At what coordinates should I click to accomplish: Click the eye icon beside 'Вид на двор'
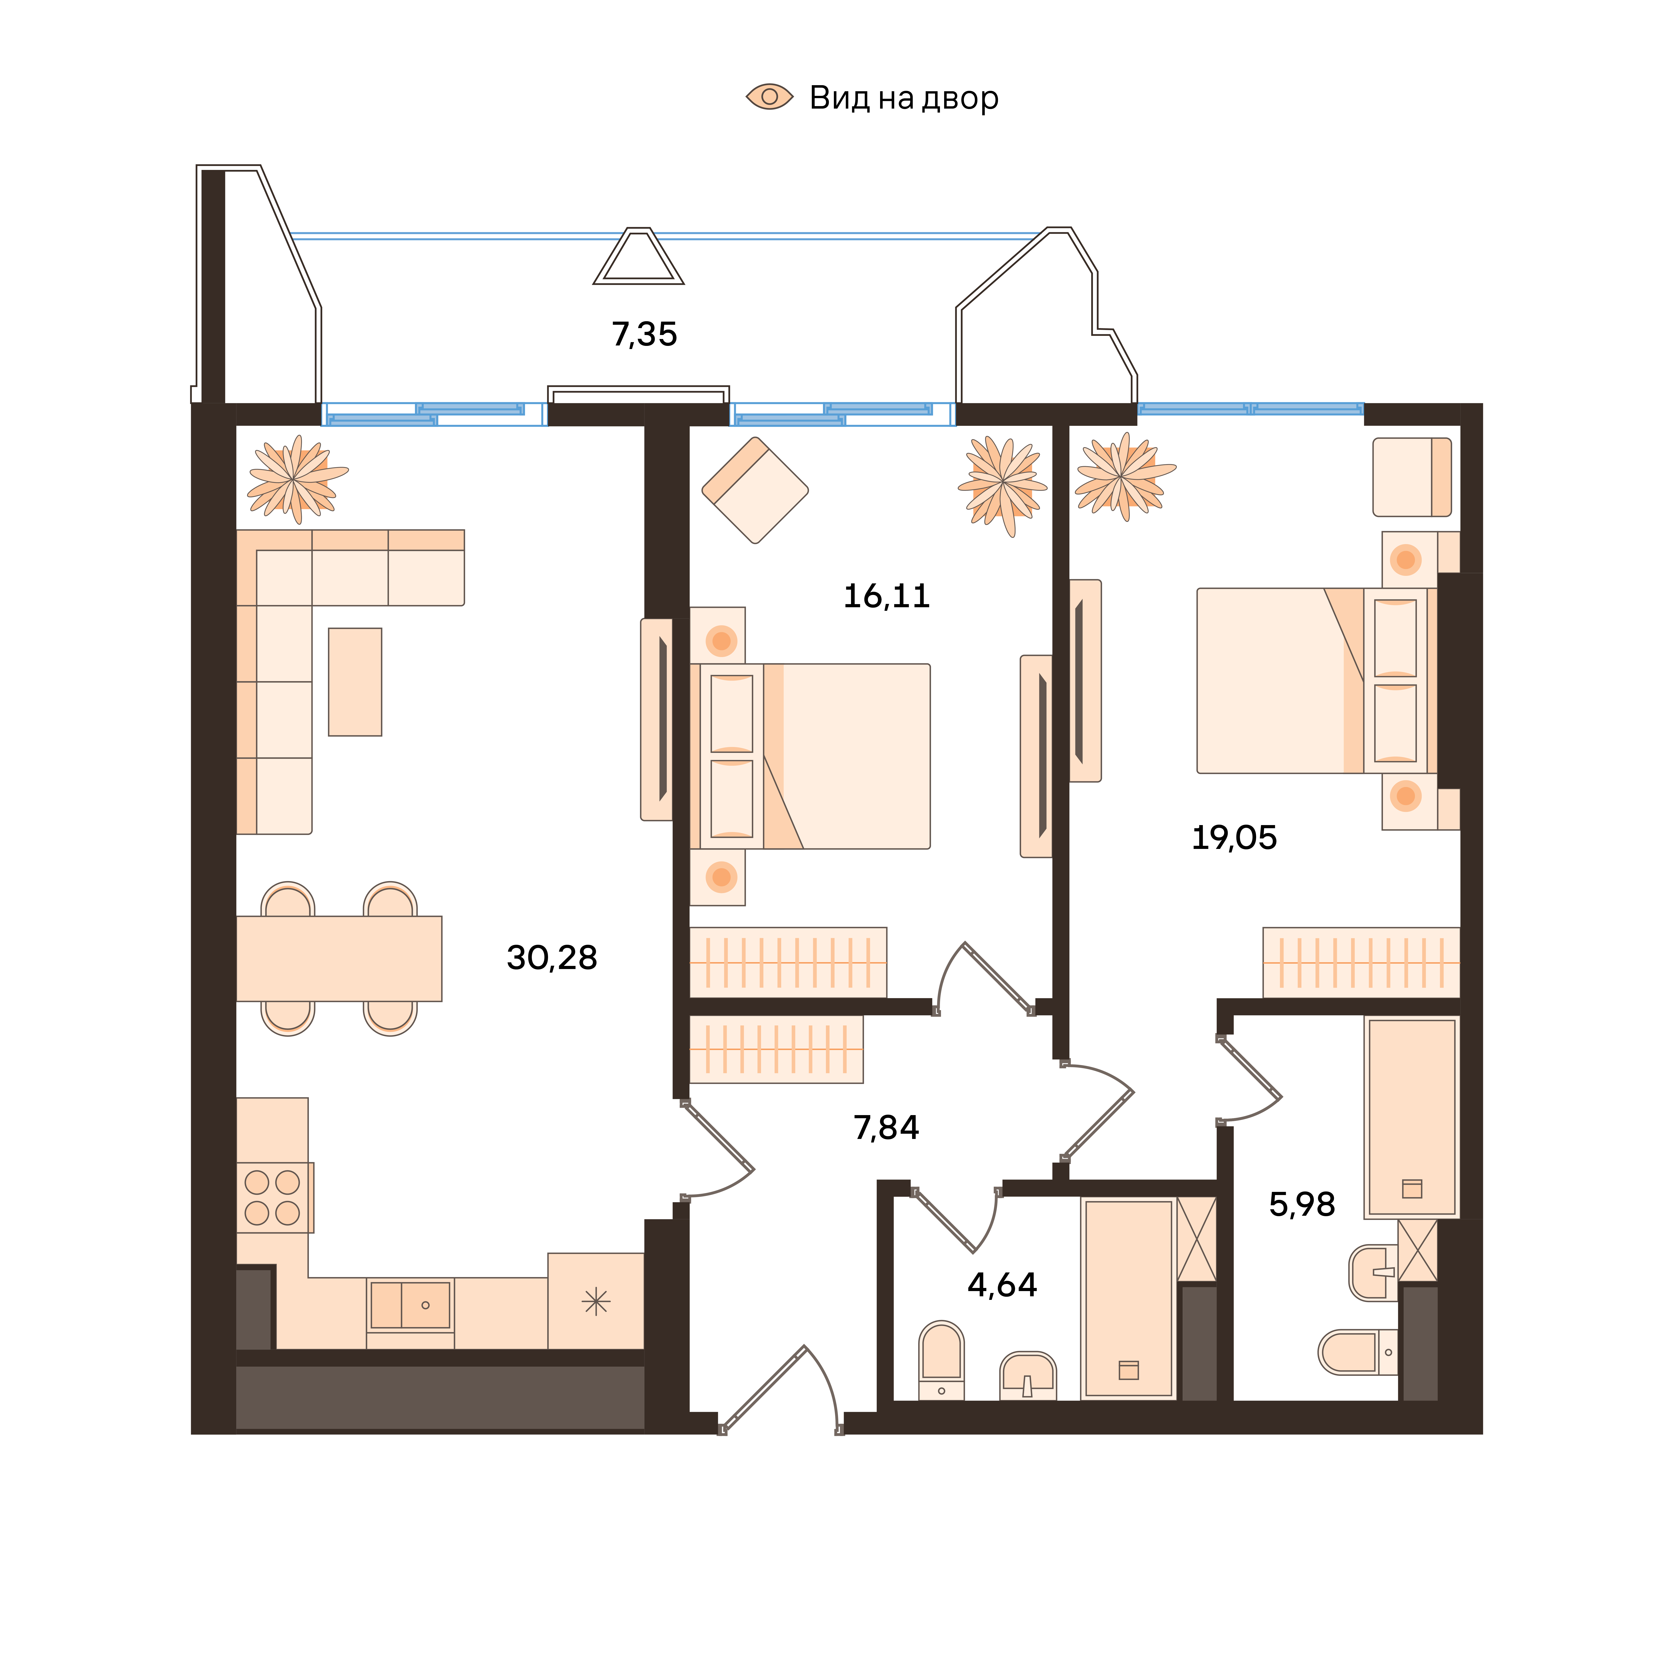point(769,97)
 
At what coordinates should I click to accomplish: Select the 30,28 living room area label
point(552,958)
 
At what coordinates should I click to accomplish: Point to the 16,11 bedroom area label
point(886,596)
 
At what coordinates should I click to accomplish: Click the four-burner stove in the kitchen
point(275,1198)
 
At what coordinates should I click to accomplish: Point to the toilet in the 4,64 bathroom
point(941,1360)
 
